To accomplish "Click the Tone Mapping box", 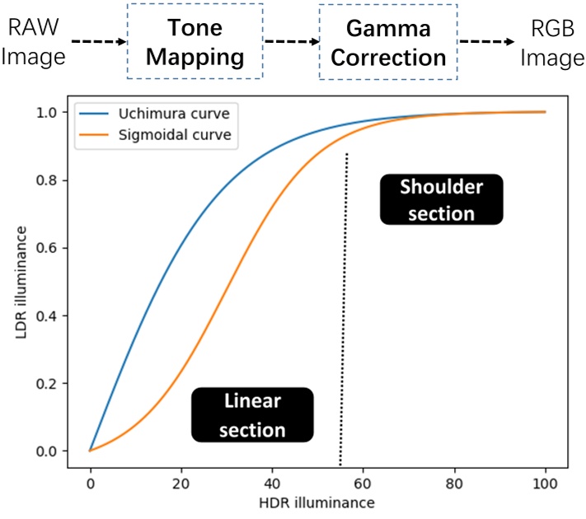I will coord(195,41).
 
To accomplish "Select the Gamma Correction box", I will coord(387,41).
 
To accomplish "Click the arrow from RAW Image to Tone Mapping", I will coord(98,40).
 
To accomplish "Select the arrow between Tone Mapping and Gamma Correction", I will coord(291,40).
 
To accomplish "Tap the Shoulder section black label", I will coord(441,199).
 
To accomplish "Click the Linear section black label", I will coord(252,414).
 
